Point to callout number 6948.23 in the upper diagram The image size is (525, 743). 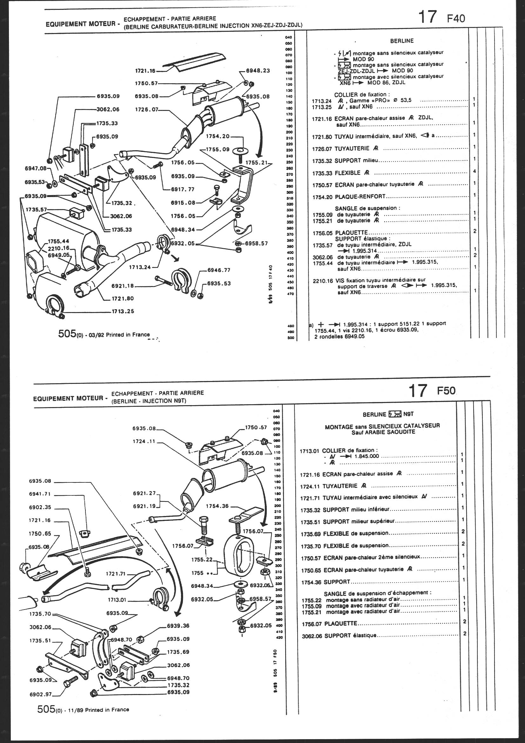pyautogui.click(x=258, y=71)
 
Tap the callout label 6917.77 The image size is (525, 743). pyautogui.click(x=183, y=189)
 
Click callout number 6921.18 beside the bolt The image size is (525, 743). pyautogui.click(x=123, y=286)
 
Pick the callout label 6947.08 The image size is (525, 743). pyautogui.click(x=36, y=168)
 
